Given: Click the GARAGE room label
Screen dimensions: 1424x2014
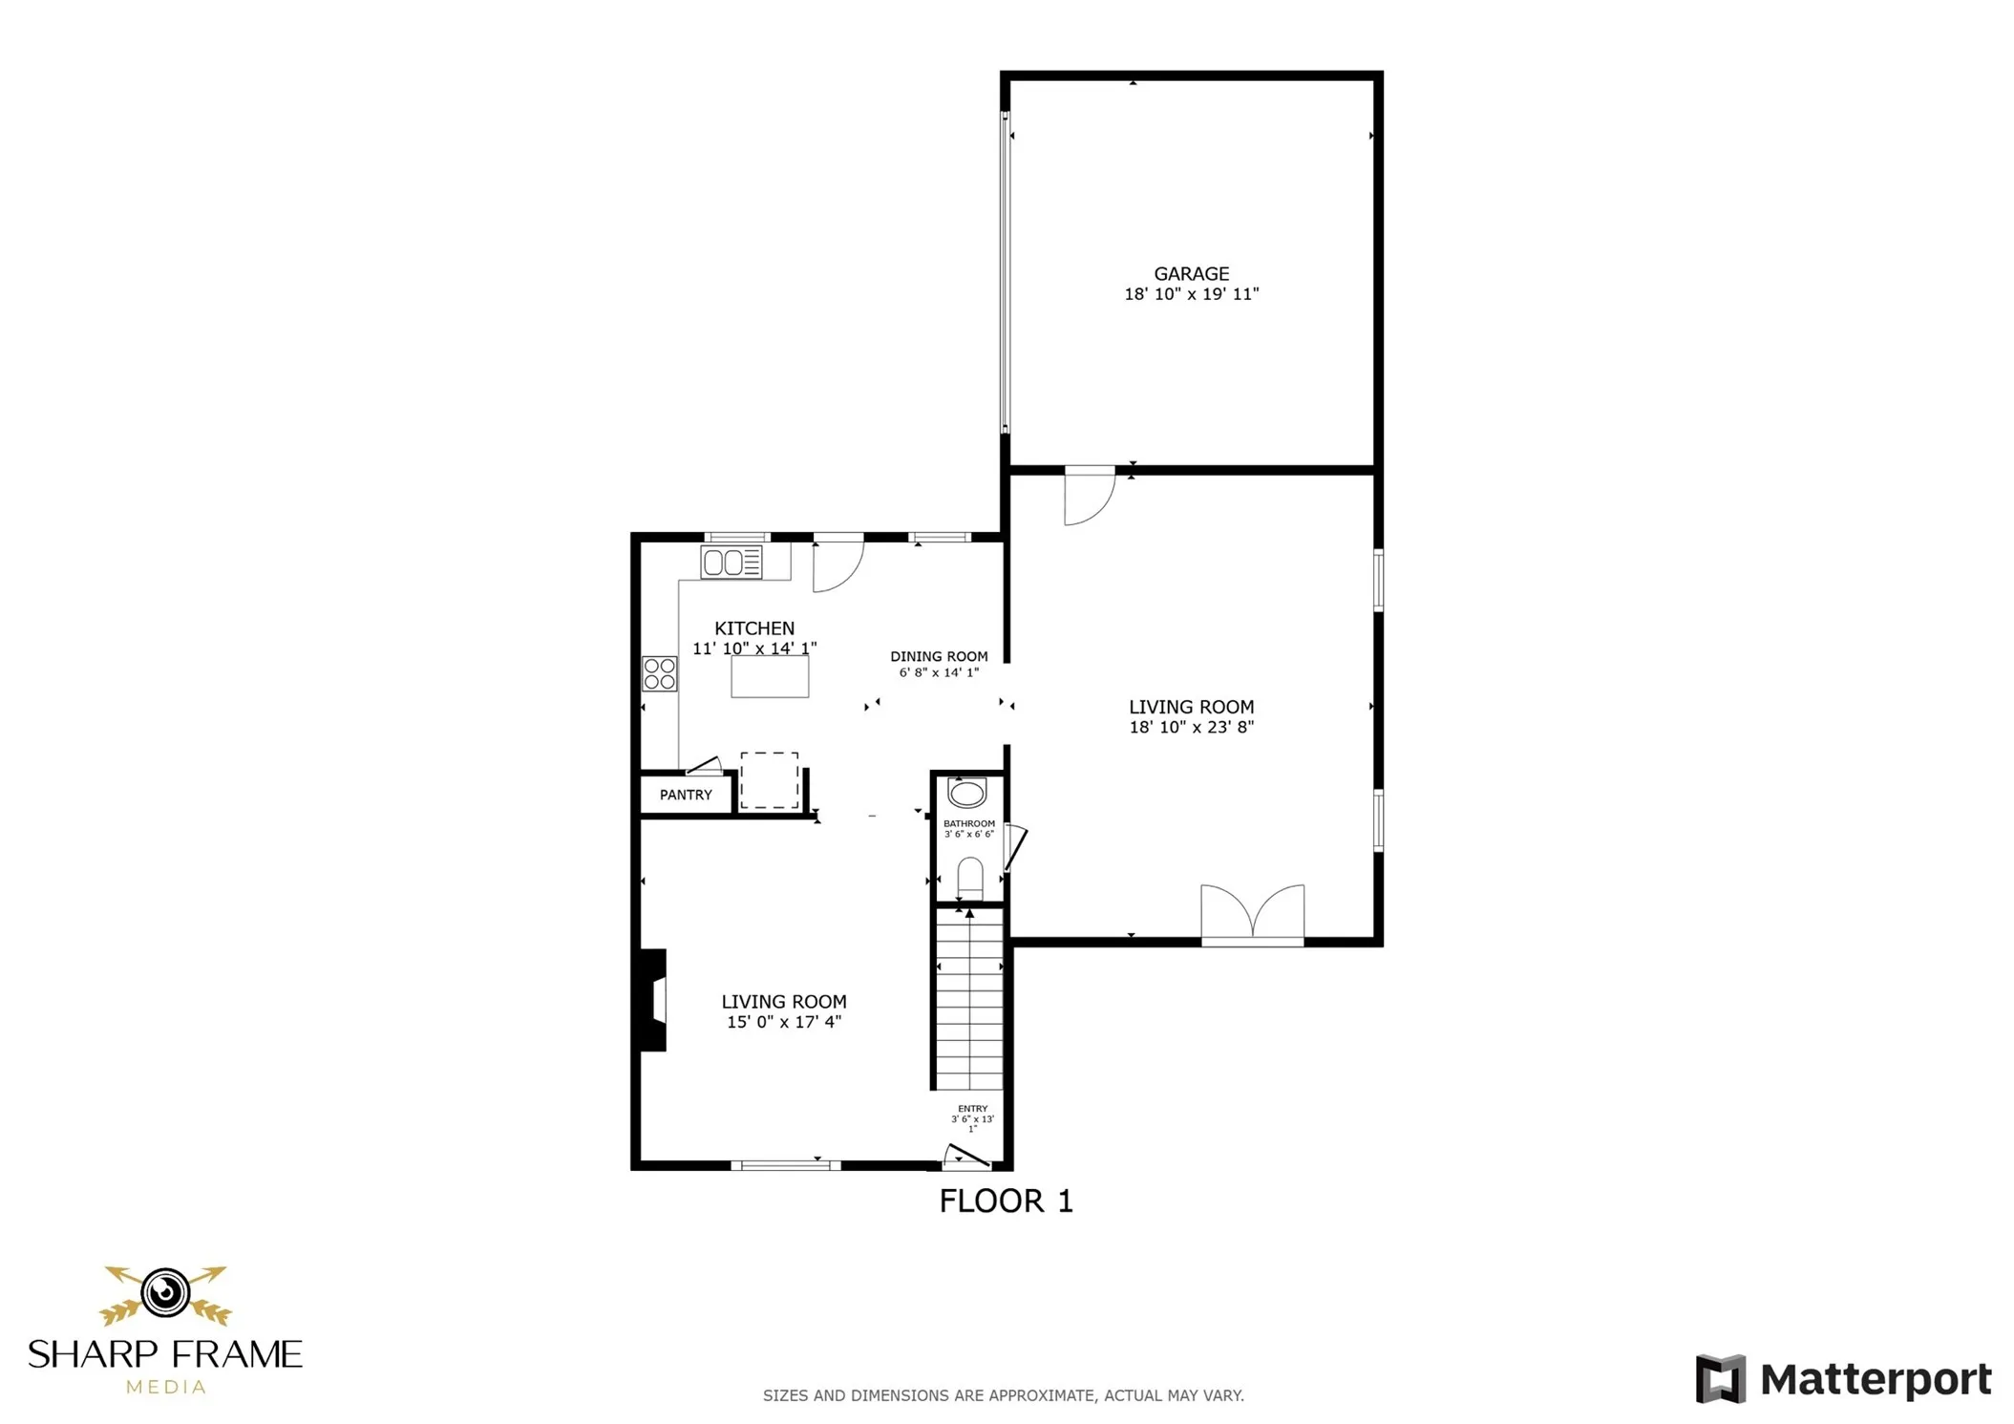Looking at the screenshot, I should [1191, 274].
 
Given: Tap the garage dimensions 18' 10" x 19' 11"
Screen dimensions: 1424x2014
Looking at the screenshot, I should [1191, 294].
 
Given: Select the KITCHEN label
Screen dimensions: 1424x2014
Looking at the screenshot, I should [754, 628].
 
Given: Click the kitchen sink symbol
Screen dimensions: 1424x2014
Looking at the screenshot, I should [731, 563].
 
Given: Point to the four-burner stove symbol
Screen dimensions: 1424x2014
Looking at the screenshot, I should [659, 673].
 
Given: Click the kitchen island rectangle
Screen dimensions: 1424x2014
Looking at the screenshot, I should [770, 676].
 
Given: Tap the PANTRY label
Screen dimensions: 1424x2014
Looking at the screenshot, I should [686, 795].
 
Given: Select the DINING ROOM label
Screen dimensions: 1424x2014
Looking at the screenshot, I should [939, 656].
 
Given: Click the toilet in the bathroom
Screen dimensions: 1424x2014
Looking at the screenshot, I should [969, 878].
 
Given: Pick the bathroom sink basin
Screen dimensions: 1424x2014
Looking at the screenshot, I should [966, 793].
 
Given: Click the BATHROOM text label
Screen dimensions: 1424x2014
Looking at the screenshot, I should [968, 823].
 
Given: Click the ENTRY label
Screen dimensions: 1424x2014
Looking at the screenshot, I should [972, 1109].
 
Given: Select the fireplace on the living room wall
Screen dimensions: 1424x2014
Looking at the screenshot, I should [653, 1000].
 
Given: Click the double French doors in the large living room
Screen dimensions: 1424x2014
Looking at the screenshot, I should [1252, 914].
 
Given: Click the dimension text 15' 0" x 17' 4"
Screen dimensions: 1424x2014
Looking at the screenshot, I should [783, 1022].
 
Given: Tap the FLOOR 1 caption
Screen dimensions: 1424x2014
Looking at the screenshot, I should [1006, 1201].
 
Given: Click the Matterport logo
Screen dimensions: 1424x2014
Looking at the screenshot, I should [1842, 1379].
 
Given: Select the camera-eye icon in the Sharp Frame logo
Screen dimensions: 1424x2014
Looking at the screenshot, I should [165, 1292].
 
